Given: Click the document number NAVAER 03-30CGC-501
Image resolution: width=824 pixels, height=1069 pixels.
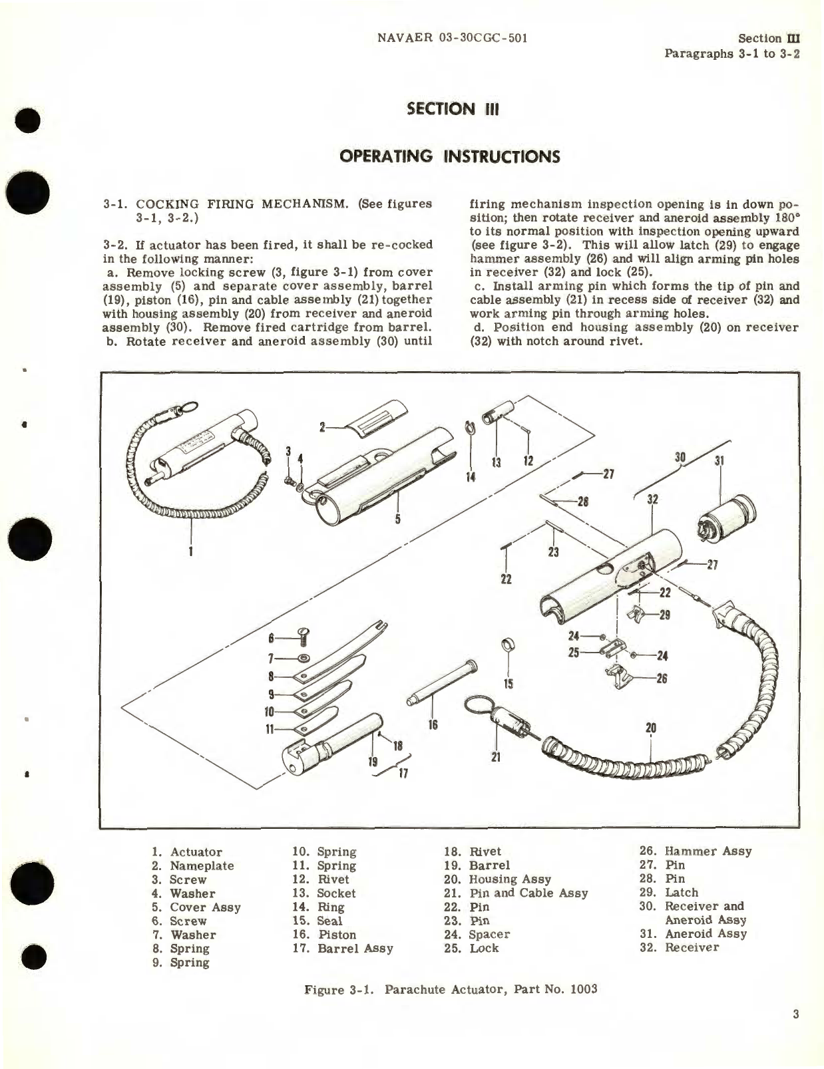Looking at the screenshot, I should click(452, 39).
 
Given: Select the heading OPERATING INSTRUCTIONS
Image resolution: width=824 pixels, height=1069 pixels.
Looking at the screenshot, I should click(449, 156).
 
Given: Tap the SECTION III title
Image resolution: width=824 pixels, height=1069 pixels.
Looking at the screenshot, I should click(453, 109).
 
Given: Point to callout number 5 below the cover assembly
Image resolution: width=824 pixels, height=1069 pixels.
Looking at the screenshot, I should click(397, 519).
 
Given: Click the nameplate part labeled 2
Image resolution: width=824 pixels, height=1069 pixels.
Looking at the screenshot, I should click(382, 438).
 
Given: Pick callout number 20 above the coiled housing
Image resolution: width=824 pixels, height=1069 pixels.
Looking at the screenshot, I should click(651, 728).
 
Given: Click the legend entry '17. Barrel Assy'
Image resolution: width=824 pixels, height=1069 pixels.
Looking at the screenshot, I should click(342, 949).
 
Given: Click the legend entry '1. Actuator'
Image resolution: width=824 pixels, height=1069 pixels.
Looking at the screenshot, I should click(187, 852).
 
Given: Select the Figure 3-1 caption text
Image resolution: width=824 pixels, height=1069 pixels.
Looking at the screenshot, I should click(451, 989).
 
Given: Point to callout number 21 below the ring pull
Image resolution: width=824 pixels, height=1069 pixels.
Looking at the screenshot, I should click(496, 756).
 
